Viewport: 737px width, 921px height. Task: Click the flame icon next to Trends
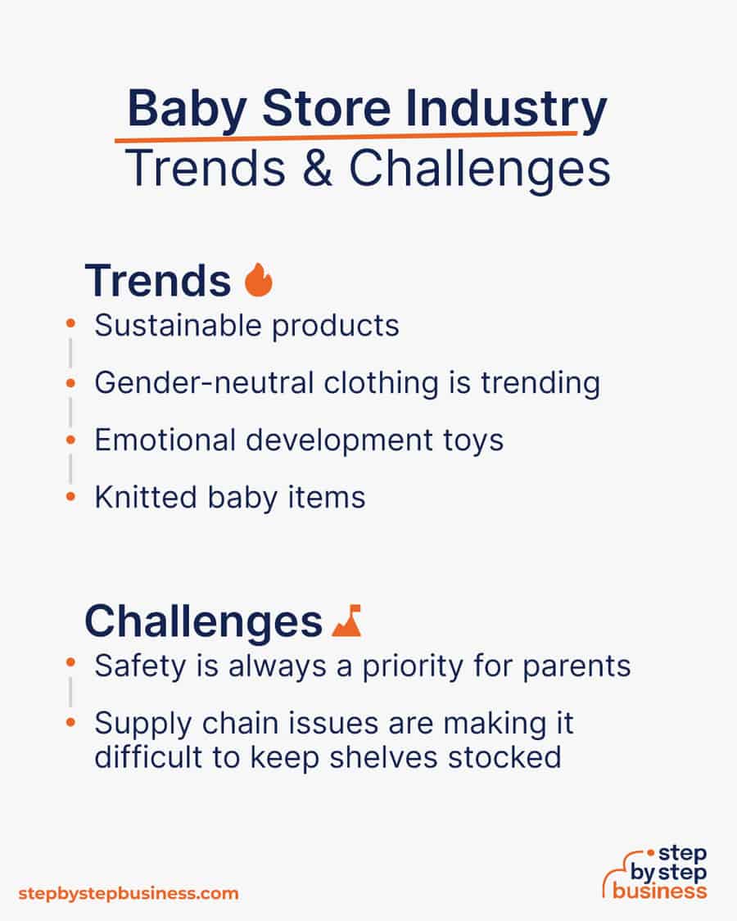[x=259, y=280]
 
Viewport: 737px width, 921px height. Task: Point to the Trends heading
[x=157, y=281]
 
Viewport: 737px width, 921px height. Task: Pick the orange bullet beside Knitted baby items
[x=71, y=496]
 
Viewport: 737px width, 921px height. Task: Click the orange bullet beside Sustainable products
[x=71, y=325]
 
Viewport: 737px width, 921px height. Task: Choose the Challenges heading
[x=203, y=621]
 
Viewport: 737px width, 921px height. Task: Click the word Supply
[x=135, y=724]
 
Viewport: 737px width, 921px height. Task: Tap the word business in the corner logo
[x=659, y=891]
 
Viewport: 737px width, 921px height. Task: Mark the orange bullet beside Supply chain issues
[x=71, y=723]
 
